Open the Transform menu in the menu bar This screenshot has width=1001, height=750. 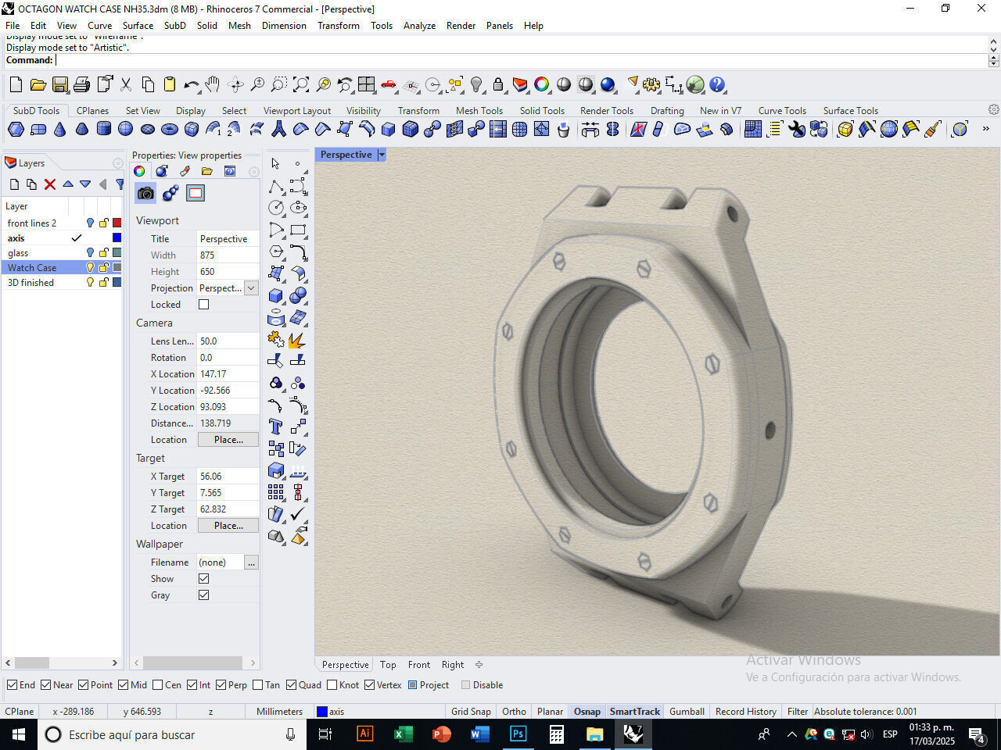(x=338, y=25)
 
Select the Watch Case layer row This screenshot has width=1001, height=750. (x=32, y=267)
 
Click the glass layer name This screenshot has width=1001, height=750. (x=18, y=252)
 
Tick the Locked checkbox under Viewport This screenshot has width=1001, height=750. (x=204, y=305)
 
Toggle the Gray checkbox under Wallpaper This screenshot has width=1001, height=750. (x=204, y=595)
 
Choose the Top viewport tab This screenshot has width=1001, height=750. (x=388, y=665)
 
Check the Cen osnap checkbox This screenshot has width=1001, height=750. (x=158, y=685)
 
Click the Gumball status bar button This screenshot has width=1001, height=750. (x=687, y=712)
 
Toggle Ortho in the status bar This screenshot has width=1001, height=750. (x=514, y=712)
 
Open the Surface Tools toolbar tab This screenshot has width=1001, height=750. (x=850, y=111)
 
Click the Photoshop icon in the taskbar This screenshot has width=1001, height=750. (x=518, y=734)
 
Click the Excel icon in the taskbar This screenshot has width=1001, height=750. (x=403, y=734)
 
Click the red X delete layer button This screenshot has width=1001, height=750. (x=50, y=184)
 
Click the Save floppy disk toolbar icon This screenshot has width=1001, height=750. (x=60, y=85)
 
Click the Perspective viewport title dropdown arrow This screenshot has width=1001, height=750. (x=382, y=155)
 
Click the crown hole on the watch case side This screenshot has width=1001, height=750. (x=770, y=429)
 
